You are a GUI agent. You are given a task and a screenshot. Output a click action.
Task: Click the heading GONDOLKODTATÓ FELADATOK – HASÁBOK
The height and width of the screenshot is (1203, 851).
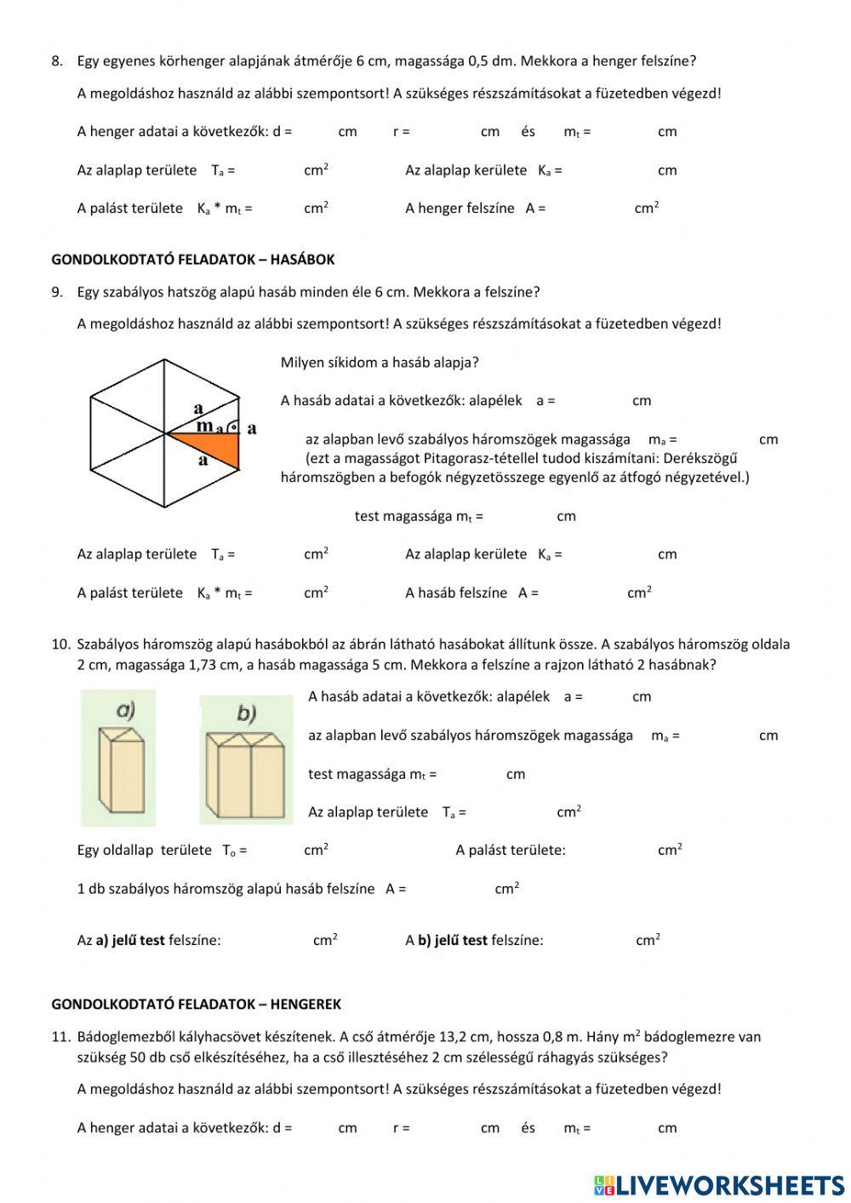point(193,260)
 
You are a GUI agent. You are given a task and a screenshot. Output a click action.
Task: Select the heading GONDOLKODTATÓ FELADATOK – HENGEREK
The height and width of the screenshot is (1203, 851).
point(196,1005)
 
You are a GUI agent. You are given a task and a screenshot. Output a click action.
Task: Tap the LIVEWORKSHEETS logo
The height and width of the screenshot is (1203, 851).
point(719,1185)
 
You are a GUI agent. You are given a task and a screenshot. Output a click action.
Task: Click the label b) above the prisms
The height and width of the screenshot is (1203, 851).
point(246,713)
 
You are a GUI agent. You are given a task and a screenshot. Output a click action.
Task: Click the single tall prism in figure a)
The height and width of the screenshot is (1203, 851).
point(121,773)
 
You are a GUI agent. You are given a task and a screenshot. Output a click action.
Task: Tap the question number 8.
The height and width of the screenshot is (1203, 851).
point(57,61)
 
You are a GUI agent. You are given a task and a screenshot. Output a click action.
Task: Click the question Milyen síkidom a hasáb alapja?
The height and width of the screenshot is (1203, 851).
point(380,363)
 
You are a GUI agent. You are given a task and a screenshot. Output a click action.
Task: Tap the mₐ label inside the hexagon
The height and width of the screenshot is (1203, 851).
point(208,427)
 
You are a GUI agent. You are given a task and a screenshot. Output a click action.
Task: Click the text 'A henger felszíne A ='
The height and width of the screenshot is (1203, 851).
point(475,209)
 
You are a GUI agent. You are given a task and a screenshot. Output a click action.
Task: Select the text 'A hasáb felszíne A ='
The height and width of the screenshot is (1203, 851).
point(471,593)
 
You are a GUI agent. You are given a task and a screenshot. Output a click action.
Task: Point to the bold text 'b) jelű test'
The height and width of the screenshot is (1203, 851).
point(453,941)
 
